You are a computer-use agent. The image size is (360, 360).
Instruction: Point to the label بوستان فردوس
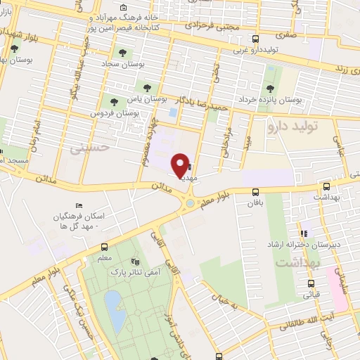tap(111, 112)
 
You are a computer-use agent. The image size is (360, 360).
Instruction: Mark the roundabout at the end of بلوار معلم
tap(190, 204)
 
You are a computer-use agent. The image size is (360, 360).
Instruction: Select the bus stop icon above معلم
tap(105, 247)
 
